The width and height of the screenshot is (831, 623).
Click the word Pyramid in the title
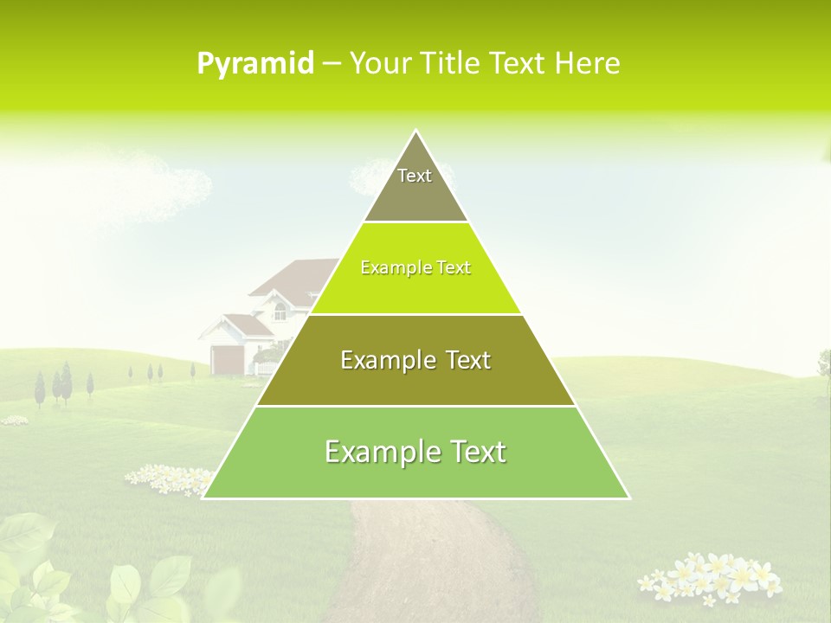pos(255,64)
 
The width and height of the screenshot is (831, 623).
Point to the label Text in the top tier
pos(415,176)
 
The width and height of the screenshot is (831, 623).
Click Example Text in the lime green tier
pos(415,267)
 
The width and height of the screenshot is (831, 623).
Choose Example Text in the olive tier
pos(415,360)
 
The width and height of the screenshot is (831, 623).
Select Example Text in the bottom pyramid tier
pos(415,452)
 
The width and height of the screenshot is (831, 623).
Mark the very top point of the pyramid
pos(415,131)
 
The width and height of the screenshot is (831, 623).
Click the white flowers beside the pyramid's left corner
pos(169,478)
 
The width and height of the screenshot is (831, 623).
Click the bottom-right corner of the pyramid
pos(628,498)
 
